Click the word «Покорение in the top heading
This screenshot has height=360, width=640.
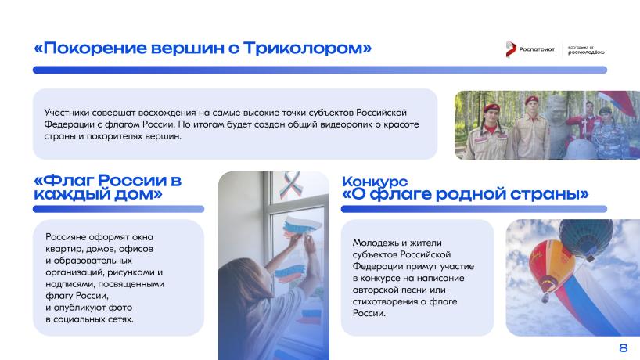click(x=90, y=49)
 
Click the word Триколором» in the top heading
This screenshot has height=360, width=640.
click(x=307, y=49)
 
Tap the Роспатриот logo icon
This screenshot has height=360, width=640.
click(x=511, y=49)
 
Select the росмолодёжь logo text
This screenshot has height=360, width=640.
click(x=586, y=52)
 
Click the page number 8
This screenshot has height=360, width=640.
click(x=624, y=347)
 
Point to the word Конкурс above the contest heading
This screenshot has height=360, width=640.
click(x=375, y=182)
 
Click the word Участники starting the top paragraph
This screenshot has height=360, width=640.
click(x=67, y=113)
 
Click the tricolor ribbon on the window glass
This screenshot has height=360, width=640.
click(x=291, y=185)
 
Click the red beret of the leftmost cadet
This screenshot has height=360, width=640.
click(x=491, y=108)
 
